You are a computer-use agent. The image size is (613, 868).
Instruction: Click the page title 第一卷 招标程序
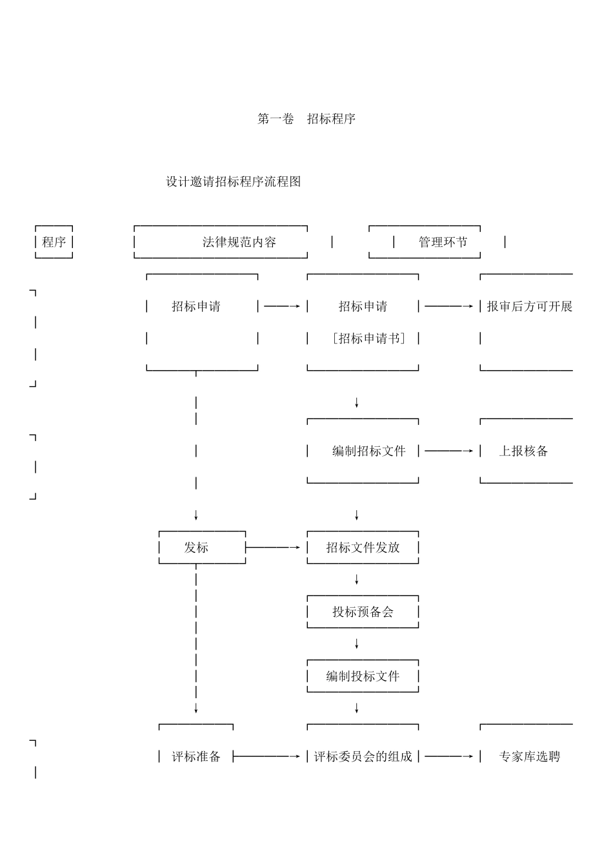(x=306, y=119)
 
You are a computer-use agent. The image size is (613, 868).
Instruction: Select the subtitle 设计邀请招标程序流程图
(x=234, y=181)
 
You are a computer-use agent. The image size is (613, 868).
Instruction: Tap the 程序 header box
(x=54, y=242)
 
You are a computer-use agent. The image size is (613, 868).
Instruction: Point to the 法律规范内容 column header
(x=239, y=242)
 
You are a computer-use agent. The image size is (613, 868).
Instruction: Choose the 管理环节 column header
(x=443, y=242)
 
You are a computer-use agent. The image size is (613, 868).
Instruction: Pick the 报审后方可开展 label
(x=529, y=306)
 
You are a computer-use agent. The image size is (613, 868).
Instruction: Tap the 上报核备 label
(x=523, y=451)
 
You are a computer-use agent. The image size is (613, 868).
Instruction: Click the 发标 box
(x=196, y=548)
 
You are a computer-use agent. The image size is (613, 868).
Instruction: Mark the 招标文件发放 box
(x=363, y=548)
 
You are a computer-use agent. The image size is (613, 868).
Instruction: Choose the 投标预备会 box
(x=363, y=612)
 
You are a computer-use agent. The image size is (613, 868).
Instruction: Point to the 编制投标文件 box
(x=363, y=676)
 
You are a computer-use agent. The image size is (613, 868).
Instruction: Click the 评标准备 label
(x=196, y=756)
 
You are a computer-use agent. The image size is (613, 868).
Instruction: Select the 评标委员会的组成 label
(x=363, y=756)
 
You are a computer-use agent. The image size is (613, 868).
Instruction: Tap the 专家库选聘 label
(x=529, y=756)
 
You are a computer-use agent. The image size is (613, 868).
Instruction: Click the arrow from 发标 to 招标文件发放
(x=274, y=548)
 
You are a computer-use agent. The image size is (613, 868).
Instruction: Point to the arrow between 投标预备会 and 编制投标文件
(x=357, y=644)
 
